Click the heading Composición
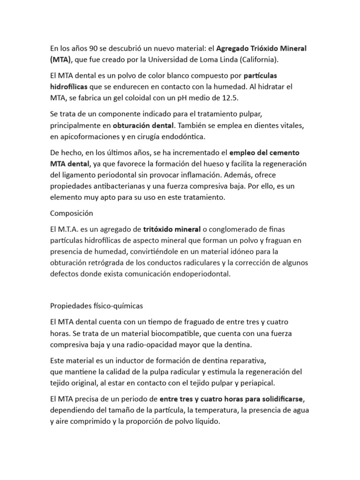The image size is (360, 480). [72, 213]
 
